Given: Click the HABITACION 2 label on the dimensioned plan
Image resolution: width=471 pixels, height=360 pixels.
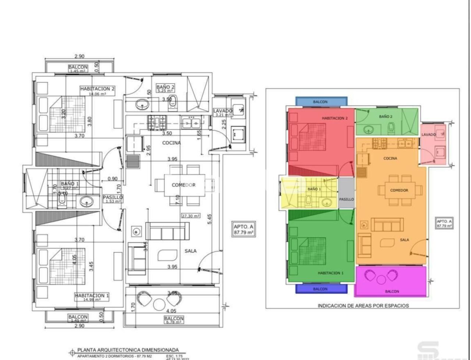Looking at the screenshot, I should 98,89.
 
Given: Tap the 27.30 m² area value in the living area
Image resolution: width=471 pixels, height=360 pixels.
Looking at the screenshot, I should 191,216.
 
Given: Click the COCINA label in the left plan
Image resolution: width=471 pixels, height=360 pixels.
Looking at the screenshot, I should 171,143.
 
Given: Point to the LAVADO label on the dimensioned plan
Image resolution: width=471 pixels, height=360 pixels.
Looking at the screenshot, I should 223,111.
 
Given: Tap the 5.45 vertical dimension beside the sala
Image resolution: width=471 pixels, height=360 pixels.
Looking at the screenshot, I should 209,220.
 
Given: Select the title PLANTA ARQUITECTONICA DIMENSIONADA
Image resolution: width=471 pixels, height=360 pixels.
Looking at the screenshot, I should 128,350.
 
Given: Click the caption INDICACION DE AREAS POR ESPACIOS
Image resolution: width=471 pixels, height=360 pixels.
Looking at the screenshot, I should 363,306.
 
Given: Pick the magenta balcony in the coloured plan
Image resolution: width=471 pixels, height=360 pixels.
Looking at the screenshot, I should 391,282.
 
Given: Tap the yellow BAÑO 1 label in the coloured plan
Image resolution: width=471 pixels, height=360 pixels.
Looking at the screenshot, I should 314,189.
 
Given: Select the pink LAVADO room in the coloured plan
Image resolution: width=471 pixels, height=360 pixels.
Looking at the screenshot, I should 433,144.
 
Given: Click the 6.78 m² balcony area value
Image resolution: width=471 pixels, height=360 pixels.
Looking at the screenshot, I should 174,322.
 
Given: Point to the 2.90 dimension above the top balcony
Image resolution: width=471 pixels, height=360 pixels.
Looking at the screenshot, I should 79,56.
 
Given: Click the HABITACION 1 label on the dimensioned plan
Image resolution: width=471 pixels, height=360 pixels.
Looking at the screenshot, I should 92,296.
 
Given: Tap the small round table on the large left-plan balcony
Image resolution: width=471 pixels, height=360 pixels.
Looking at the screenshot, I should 159,304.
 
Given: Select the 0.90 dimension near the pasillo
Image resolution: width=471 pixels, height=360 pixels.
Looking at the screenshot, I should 113,179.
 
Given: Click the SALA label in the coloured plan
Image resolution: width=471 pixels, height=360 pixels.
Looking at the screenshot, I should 404,240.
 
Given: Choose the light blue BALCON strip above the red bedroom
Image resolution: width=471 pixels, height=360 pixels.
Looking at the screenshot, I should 321,102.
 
